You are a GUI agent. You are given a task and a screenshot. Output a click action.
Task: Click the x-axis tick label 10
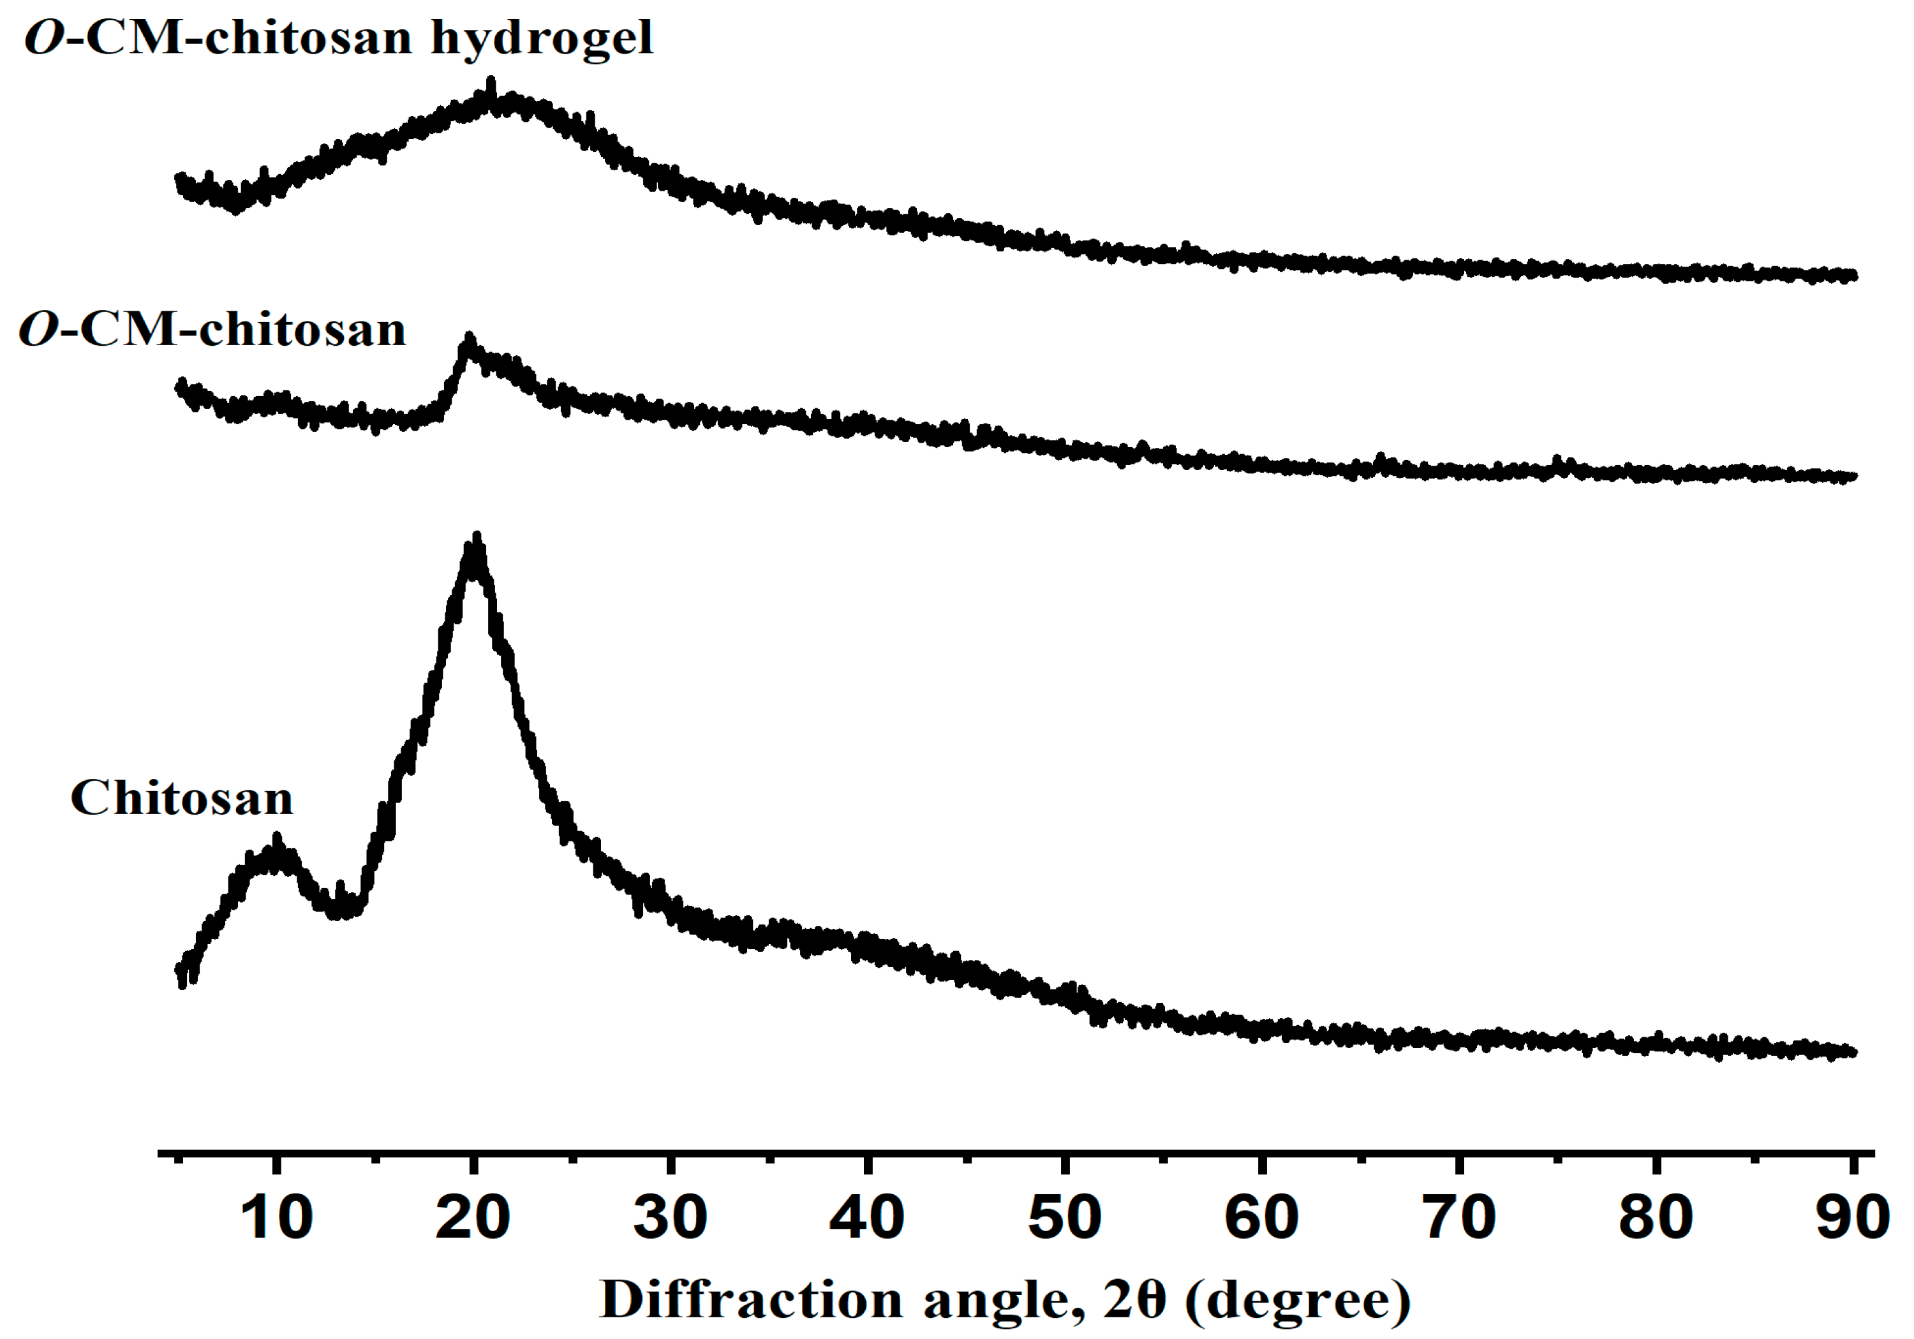(x=276, y=1218)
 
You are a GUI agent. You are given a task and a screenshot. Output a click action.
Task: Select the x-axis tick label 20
(x=473, y=1218)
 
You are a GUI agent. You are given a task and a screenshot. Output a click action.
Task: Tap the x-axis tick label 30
(x=671, y=1218)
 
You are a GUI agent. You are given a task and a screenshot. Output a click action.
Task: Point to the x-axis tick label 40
(x=867, y=1218)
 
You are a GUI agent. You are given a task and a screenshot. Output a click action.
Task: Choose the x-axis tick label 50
(x=1065, y=1218)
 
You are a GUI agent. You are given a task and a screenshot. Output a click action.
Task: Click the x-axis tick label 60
(x=1261, y=1218)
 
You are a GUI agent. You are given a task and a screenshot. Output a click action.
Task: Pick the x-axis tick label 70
(x=1459, y=1218)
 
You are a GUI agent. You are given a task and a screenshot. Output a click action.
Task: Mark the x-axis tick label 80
(x=1656, y=1218)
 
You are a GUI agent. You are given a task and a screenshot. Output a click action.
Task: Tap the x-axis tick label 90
(x=1852, y=1218)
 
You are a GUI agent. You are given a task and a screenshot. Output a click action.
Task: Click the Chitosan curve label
(x=182, y=798)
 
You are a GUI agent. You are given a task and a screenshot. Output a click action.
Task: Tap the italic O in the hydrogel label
(x=44, y=38)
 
